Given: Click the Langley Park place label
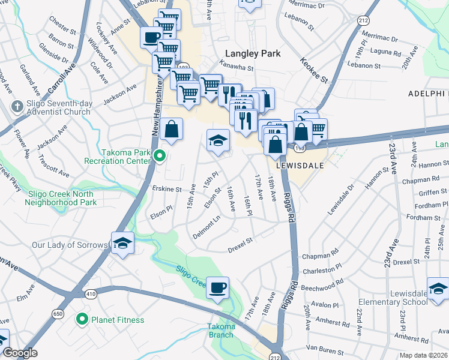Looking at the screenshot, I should [x=252, y=53].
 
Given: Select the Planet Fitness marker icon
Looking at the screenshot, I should [x=82, y=320].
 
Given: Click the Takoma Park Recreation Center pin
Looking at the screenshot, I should [x=159, y=157].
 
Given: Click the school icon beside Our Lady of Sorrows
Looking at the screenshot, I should [x=122, y=243].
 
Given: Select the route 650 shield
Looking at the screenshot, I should [x=58, y=313].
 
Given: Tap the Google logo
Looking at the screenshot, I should [x=20, y=353].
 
